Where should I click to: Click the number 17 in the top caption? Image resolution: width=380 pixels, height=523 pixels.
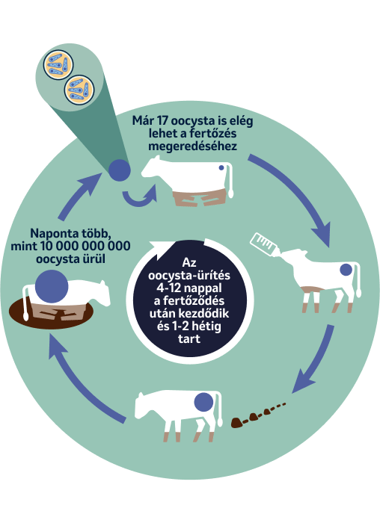[x=162, y=121]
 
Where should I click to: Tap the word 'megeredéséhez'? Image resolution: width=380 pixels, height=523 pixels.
[x=193, y=146]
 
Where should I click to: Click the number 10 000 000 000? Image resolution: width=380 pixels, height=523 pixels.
[x=85, y=246]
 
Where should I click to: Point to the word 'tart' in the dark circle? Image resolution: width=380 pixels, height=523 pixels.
[x=189, y=339]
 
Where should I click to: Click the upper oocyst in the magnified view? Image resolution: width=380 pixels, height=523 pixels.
[x=58, y=65]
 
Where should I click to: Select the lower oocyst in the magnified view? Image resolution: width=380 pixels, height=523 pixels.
[x=79, y=90]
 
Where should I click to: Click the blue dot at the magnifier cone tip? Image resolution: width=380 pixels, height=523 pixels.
[x=119, y=170]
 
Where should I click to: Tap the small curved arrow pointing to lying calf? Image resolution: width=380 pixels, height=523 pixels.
[x=140, y=196]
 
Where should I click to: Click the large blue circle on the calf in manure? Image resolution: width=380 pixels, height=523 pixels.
[x=52, y=286]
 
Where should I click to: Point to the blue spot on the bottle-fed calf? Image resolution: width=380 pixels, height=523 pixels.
[x=346, y=270]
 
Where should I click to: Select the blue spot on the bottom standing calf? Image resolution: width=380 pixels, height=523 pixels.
[x=203, y=402]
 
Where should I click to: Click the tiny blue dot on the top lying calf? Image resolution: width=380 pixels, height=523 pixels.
[x=221, y=168]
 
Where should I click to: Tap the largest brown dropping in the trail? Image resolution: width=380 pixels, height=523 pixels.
[x=236, y=423]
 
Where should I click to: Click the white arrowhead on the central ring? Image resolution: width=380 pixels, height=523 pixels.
[x=159, y=250]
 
